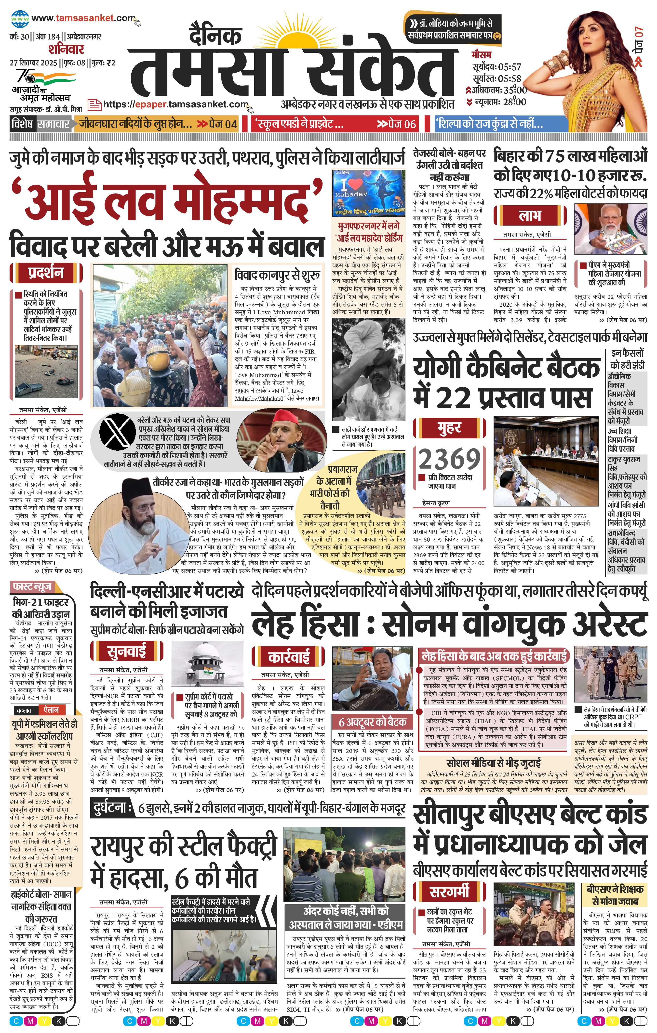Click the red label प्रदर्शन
click(x=46, y=273)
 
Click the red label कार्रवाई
click(x=289, y=657)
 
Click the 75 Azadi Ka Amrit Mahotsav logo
click(x=43, y=84)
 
